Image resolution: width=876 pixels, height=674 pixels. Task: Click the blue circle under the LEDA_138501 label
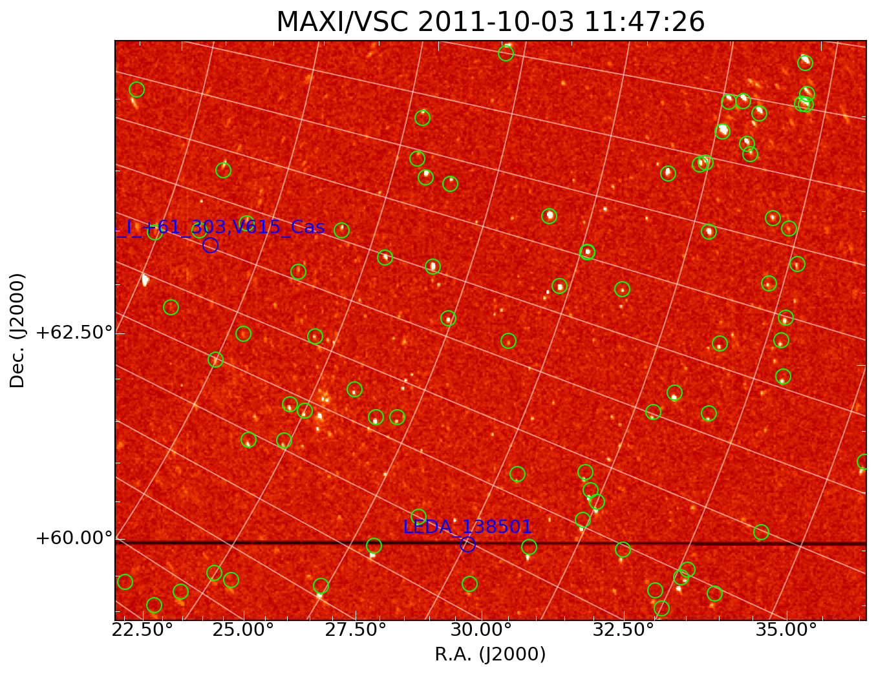(x=467, y=545)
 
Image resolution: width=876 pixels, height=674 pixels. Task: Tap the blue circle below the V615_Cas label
(x=210, y=245)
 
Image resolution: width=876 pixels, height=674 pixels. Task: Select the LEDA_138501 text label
(x=467, y=527)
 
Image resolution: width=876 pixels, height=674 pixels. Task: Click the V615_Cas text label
(x=220, y=227)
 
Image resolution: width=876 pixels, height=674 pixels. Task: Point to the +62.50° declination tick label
(x=74, y=333)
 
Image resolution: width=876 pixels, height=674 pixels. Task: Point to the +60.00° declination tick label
(x=74, y=538)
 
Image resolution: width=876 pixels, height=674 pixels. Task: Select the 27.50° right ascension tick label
(x=358, y=630)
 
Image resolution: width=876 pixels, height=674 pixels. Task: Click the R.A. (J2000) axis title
(x=490, y=655)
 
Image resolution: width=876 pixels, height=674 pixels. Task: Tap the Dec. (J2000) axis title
(x=17, y=330)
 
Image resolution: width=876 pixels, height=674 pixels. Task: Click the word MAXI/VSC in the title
(x=342, y=23)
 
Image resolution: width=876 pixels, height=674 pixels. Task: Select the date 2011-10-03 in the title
(x=496, y=23)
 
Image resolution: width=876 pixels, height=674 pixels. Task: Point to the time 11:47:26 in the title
(x=644, y=23)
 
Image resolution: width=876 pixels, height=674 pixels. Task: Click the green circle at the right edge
(x=864, y=462)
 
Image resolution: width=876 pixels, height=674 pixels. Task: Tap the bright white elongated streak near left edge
(x=145, y=280)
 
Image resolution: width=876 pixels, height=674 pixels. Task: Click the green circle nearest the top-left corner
(x=136, y=89)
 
